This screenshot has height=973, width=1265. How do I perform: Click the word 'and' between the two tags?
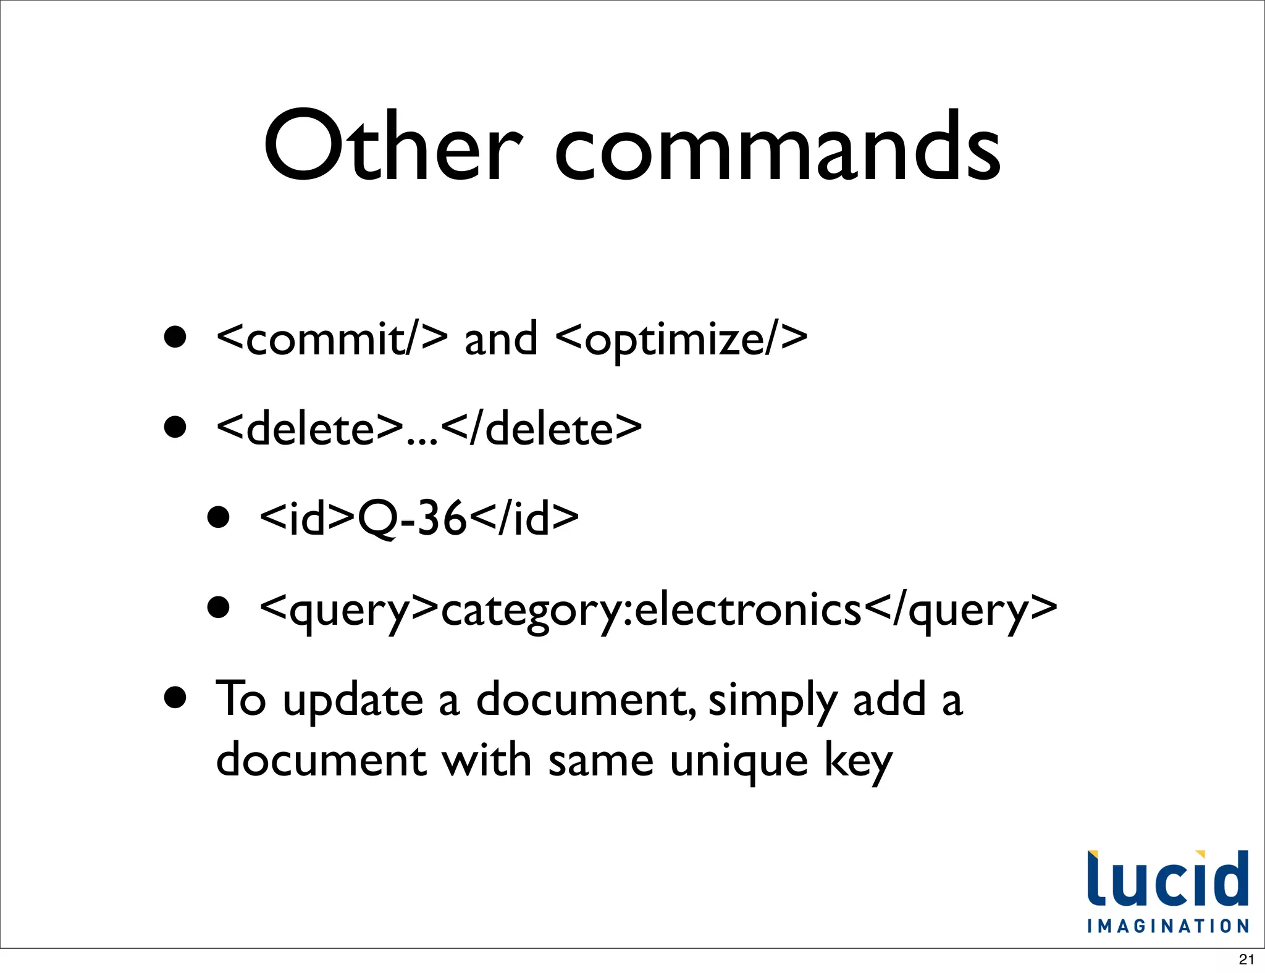pos(500,339)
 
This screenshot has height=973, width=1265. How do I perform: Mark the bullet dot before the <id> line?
pos(219,517)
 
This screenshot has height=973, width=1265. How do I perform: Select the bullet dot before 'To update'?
pos(175,698)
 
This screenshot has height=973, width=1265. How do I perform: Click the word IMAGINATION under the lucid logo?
pos(1168,926)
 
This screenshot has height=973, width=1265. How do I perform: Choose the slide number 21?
pos(1246,959)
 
